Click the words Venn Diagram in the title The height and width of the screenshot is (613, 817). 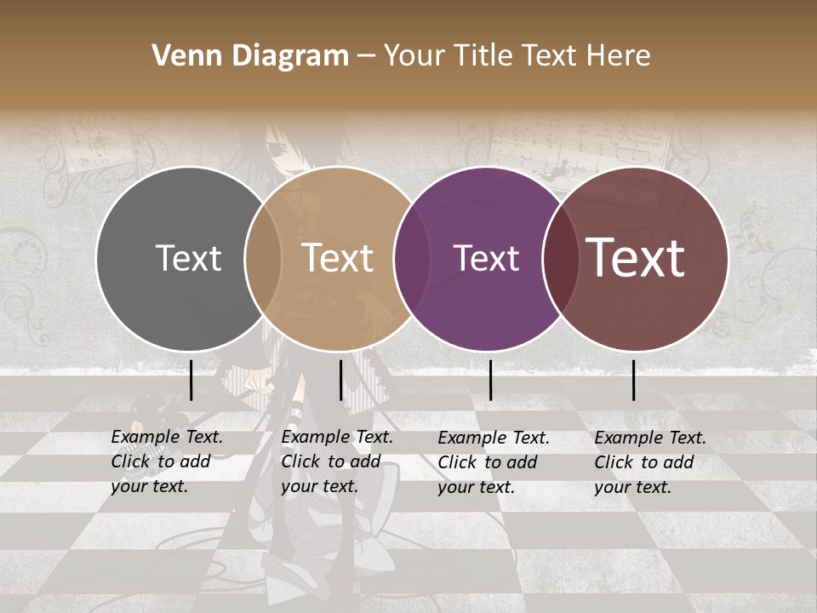pos(250,56)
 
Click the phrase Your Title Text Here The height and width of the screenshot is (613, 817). pos(517,56)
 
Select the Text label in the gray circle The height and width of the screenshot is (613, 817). pos(188,258)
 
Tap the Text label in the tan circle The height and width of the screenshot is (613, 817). pos(338,258)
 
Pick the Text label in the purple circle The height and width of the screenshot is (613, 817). pos(486,258)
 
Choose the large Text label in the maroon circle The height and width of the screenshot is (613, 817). pos(636,258)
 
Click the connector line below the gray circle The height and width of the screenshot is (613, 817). pos(191,380)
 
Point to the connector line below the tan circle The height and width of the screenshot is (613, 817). pos(340,380)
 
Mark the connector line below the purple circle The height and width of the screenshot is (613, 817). pos(490,380)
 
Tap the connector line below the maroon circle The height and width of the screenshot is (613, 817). pos(634,380)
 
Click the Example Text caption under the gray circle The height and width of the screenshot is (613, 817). pos(167,461)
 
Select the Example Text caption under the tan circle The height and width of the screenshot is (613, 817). pos(337,461)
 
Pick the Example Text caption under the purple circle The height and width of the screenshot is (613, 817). pos(494,462)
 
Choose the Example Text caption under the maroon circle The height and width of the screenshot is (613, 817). pos(650,462)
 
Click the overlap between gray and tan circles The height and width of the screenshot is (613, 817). pos(263,258)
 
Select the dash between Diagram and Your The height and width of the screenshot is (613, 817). pos(366,56)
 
